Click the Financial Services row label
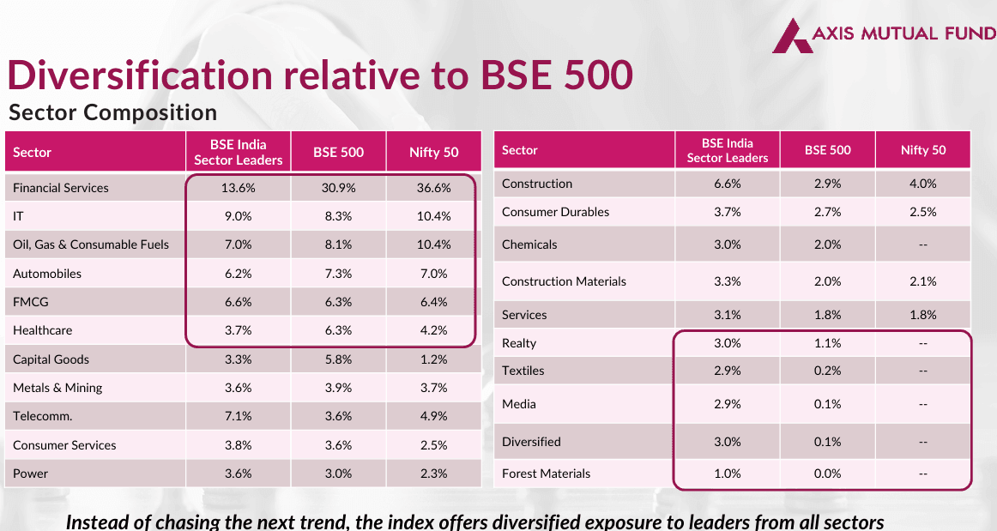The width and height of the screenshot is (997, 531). tap(61, 188)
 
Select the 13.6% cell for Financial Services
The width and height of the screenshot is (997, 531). tap(238, 188)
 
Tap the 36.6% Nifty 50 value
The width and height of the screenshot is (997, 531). tap(433, 188)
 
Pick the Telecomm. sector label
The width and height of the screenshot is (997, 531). tap(42, 416)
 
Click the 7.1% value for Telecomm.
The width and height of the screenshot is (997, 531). tap(238, 416)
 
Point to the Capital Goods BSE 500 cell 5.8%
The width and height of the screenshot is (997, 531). tap(338, 359)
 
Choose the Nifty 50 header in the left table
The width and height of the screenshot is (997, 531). tap(433, 153)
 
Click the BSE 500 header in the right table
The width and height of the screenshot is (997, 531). tap(827, 150)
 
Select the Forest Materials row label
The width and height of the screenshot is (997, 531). tap(546, 474)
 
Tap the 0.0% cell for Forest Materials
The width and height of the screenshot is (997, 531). tap(827, 474)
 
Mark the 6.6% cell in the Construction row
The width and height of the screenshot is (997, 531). tap(727, 184)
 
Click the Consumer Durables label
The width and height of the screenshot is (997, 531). tap(555, 212)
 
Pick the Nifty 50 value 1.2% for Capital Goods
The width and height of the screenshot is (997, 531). tap(433, 359)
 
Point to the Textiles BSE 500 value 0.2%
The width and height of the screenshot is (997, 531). tap(827, 371)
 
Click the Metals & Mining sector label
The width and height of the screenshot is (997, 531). tap(57, 388)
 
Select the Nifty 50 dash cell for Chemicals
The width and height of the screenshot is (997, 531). tap(923, 244)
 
